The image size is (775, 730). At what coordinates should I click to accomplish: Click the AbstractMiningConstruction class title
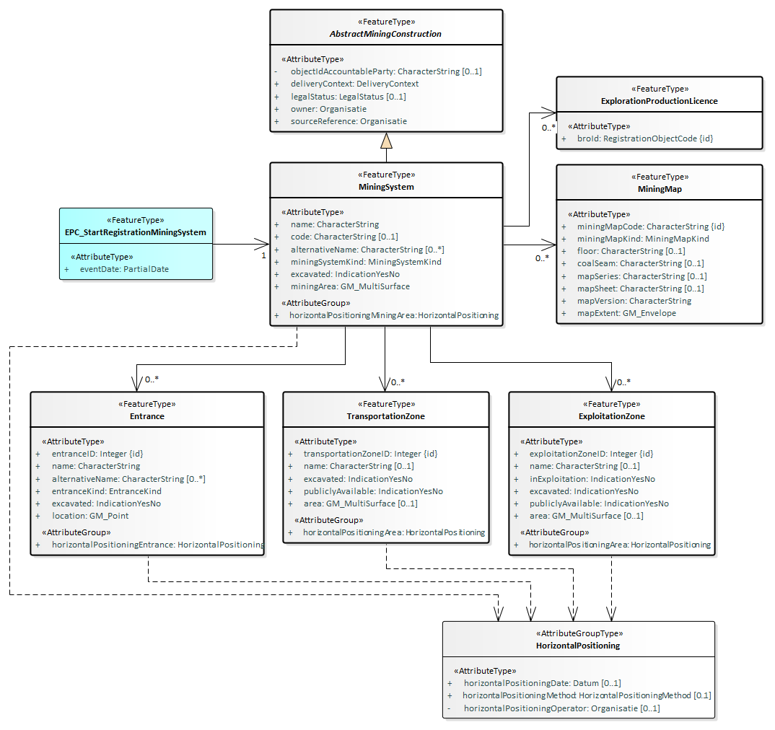386,34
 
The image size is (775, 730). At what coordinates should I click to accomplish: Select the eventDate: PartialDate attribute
124,269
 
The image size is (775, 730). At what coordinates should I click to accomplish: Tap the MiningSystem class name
386,187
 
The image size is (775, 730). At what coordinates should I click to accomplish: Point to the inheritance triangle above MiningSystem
386,140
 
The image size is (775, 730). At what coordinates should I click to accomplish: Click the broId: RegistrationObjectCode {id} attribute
645,138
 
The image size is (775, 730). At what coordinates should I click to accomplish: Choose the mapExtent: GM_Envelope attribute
626,313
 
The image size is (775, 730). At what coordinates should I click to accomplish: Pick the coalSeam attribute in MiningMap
640,263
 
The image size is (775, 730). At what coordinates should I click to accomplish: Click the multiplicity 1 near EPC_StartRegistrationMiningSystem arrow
263,255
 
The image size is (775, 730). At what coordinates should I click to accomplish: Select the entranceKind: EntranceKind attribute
106,491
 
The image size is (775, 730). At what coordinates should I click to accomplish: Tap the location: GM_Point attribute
90,516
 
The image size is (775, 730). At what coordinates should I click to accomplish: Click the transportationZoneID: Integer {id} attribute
370,454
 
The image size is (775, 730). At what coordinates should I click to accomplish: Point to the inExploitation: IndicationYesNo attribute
592,478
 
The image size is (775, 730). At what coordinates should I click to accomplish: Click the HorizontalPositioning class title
578,646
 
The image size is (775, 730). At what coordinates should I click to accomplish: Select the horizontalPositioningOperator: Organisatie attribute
561,708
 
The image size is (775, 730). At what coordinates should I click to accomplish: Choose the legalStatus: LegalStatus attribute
348,96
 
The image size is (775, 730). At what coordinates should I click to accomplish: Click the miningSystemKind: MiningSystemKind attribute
366,262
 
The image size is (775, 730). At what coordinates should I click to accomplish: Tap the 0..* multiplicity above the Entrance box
152,379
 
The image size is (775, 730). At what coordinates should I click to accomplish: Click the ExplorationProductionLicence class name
659,101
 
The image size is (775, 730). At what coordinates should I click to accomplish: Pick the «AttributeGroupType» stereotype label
578,633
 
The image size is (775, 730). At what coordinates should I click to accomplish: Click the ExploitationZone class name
611,416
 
